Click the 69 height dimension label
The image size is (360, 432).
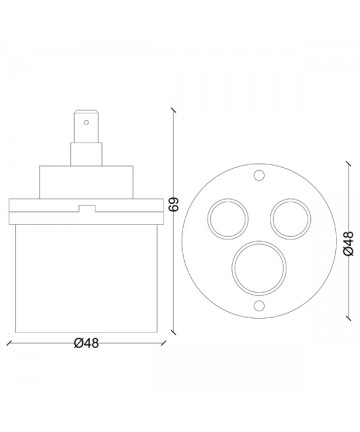(174, 204)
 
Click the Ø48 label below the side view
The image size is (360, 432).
(86, 343)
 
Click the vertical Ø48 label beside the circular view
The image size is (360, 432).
(348, 244)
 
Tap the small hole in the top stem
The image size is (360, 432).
(86, 122)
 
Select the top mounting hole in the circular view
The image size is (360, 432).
(259, 175)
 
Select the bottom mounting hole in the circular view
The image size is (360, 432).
(259, 305)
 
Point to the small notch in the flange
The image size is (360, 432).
(87, 209)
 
